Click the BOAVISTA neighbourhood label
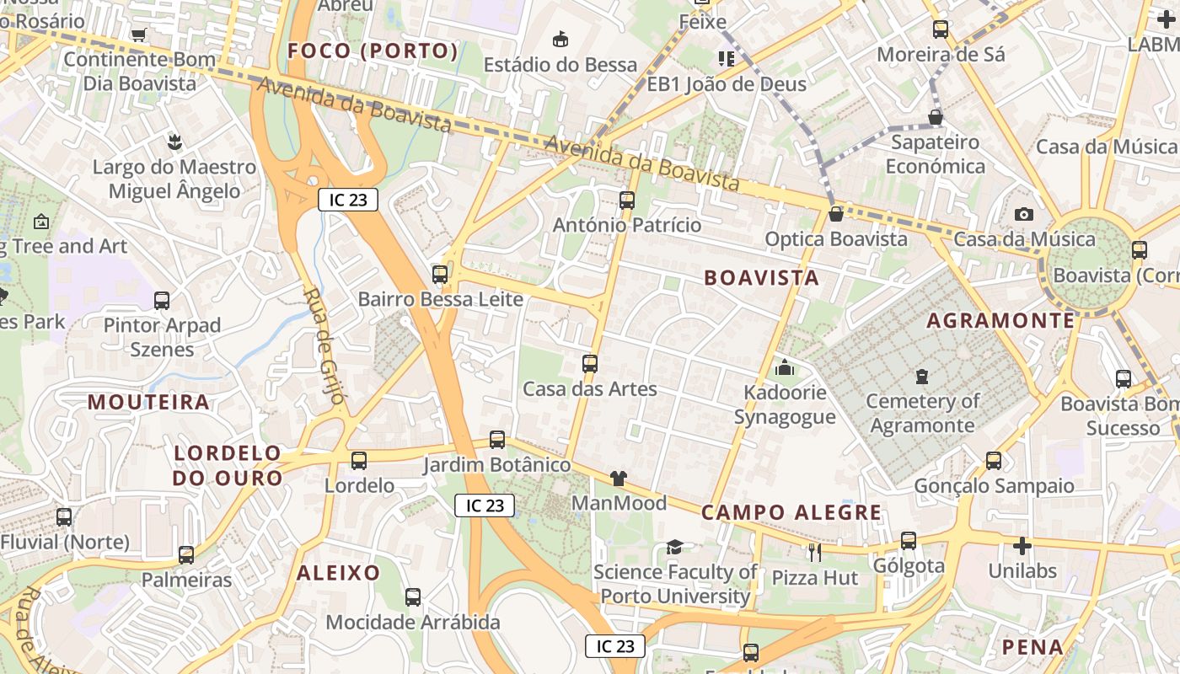(x=761, y=278)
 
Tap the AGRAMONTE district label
(x=1001, y=321)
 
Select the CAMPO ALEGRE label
(x=791, y=512)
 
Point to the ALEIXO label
(x=338, y=573)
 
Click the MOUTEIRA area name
(x=148, y=402)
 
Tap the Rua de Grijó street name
(x=324, y=346)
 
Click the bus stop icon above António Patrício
(x=626, y=201)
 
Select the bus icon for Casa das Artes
(x=590, y=364)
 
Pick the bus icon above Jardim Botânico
(x=497, y=440)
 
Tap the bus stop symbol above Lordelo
(x=359, y=461)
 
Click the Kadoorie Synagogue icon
(x=785, y=367)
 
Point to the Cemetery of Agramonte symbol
(x=922, y=376)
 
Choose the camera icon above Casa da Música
(x=1024, y=215)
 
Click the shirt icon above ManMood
(x=619, y=479)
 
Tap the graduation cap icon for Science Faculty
(x=674, y=548)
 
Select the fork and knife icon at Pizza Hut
(x=814, y=553)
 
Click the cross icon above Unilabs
(x=1022, y=546)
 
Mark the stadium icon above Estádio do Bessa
(x=560, y=39)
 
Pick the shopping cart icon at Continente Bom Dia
(x=139, y=35)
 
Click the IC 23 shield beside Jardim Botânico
(x=485, y=505)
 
